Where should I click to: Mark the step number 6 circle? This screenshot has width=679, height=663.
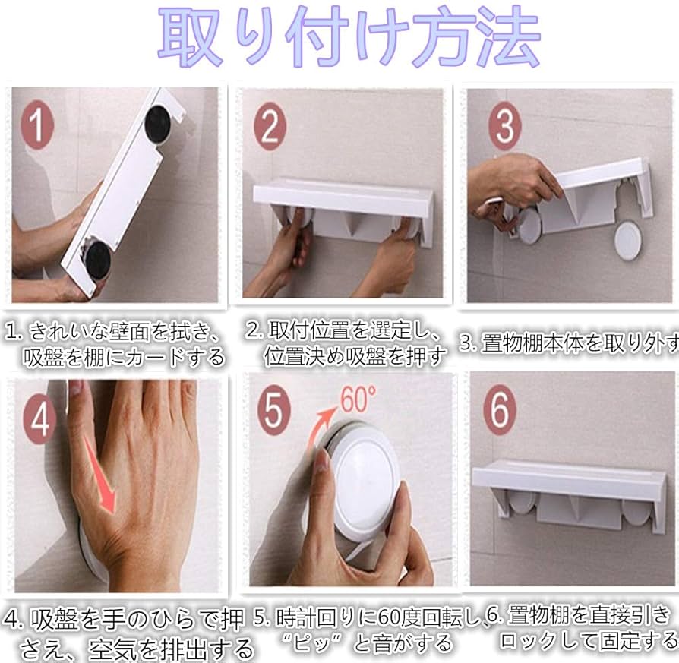coord(499,411)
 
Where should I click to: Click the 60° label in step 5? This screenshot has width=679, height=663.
coord(358,398)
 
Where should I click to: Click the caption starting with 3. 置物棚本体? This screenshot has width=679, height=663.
coord(568,343)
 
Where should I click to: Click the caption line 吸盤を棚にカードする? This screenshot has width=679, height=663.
coord(124,356)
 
